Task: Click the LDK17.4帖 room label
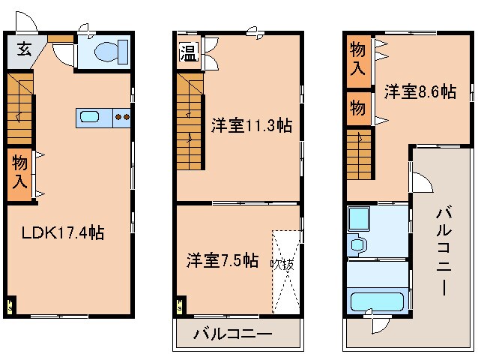(x=56, y=232)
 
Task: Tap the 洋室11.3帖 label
(x=250, y=126)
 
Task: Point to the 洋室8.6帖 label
(x=420, y=91)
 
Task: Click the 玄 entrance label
(x=23, y=50)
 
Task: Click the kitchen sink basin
(x=90, y=117)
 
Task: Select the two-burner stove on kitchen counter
(x=122, y=117)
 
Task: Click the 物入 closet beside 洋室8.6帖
(x=358, y=59)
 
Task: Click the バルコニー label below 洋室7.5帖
(x=232, y=334)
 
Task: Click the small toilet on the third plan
(x=356, y=245)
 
